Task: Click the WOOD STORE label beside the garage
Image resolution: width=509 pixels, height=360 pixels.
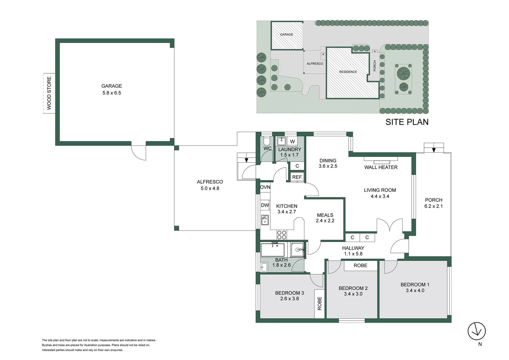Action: [x=49, y=93]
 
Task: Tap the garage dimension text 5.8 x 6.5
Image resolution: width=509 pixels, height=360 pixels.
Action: [x=112, y=93]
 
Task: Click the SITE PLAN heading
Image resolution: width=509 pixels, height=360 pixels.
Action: [x=407, y=122]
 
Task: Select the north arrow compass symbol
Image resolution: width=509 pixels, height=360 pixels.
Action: [x=476, y=331]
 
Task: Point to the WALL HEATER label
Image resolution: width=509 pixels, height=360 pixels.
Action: [x=381, y=167]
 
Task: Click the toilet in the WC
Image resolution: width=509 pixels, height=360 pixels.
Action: [x=266, y=140]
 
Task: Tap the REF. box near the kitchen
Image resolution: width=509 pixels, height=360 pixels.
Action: [x=297, y=177]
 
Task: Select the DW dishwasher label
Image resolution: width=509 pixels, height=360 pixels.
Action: [x=265, y=205]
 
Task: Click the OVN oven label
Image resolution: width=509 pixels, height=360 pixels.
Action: [x=265, y=187]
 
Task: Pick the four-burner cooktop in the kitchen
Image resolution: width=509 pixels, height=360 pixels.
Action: [x=282, y=235]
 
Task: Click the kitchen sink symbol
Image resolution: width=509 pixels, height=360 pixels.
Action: [x=265, y=220]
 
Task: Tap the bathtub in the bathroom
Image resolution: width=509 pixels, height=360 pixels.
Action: [x=273, y=250]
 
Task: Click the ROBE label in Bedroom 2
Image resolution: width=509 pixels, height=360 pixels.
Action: [x=360, y=266]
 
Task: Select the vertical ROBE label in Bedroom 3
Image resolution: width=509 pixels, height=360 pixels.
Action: [x=319, y=303]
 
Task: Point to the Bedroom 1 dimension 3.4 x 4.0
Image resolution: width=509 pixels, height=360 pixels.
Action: [x=415, y=291]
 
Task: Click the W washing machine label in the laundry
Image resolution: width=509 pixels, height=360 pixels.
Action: [x=292, y=141]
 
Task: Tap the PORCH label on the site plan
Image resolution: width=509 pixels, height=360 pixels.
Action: [x=375, y=66]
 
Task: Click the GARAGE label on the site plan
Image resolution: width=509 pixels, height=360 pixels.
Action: [x=286, y=35]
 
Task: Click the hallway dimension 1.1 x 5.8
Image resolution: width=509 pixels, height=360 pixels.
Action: [x=353, y=254]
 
